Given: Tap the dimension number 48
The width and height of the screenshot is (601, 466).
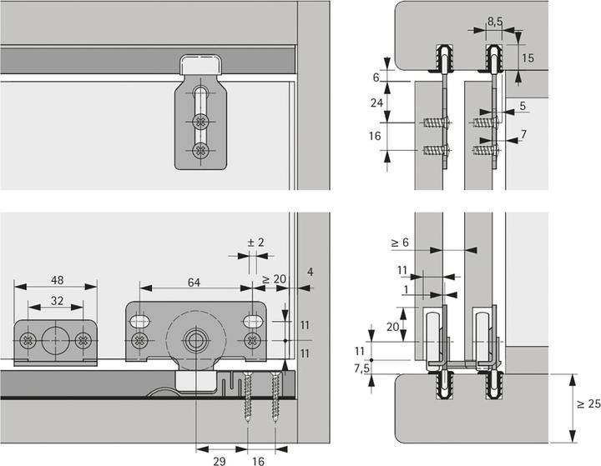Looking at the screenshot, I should click(58, 280).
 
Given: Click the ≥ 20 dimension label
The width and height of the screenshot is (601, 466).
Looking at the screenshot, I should click(274, 279).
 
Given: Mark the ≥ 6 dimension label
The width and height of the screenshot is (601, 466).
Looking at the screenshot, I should click(400, 243).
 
